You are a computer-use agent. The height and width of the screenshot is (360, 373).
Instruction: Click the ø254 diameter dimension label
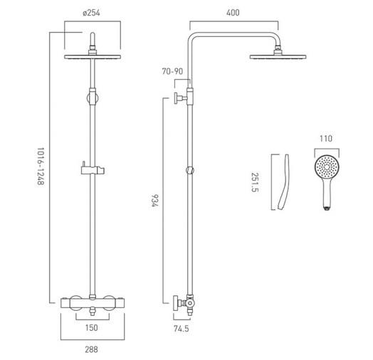click(x=91, y=13)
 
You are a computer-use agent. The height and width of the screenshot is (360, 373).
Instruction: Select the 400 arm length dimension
click(x=233, y=13)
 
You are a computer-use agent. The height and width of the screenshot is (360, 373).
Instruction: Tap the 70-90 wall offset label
click(x=172, y=71)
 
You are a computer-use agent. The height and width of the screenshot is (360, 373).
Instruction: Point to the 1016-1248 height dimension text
click(x=41, y=166)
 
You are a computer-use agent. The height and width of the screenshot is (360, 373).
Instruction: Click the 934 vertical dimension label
click(x=154, y=201)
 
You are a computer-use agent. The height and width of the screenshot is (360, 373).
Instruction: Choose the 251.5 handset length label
click(x=255, y=182)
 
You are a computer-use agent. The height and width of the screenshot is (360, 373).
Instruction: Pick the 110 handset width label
click(x=326, y=139)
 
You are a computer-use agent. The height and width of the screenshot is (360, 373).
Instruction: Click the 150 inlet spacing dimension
click(x=92, y=328)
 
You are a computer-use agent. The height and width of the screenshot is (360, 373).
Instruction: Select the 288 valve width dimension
click(x=92, y=349)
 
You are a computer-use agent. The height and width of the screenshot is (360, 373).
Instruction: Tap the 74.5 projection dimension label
click(x=182, y=329)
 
